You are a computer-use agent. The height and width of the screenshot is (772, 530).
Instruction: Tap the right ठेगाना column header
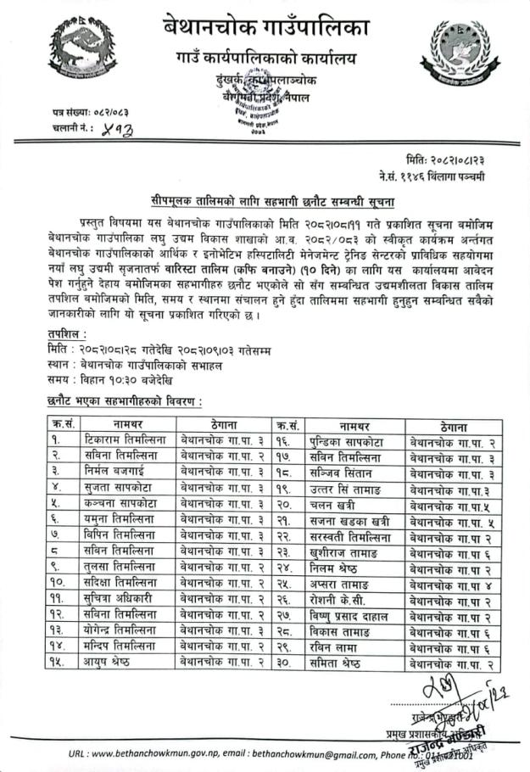(x=449, y=424)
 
